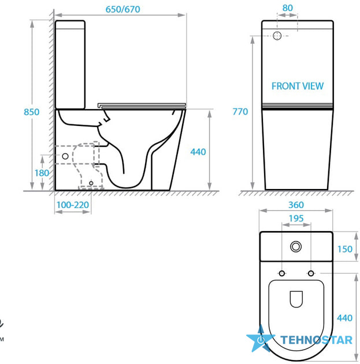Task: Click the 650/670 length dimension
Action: (123, 9)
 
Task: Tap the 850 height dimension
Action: (32, 112)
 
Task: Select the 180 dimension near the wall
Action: (42, 173)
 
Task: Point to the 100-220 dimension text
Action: (73, 205)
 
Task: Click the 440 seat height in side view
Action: (198, 152)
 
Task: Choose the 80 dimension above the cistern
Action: (287, 8)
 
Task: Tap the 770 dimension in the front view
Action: (240, 112)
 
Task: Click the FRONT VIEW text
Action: (298, 86)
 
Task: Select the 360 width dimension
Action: (296, 205)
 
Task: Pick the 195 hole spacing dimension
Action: (296, 218)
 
